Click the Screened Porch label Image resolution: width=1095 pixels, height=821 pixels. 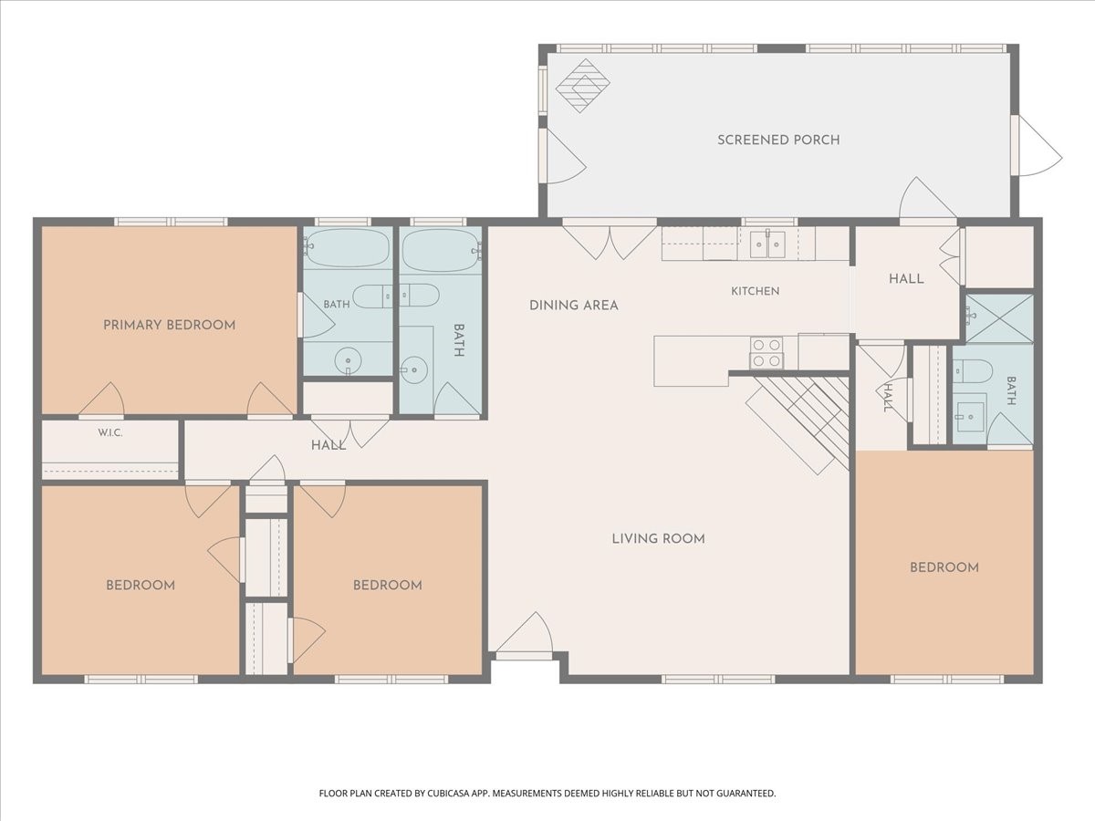click(778, 140)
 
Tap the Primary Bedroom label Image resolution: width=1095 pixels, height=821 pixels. click(169, 326)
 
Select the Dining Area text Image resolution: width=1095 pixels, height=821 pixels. click(574, 306)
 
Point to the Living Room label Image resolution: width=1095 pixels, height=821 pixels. click(658, 539)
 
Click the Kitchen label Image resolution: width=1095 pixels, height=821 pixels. click(756, 291)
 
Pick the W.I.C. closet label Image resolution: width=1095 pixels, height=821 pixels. click(110, 432)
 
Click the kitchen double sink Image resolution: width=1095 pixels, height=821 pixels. click(767, 244)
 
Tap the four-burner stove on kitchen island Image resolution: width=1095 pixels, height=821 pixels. click(766, 352)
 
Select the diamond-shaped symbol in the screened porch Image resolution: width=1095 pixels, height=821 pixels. click(583, 86)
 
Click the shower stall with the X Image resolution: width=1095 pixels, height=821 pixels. click(1000, 318)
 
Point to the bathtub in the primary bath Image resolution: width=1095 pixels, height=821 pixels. click(348, 248)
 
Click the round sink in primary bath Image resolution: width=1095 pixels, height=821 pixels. click(348, 360)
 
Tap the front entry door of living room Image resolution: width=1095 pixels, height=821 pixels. click(525, 635)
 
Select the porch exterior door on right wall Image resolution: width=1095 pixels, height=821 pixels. click(1038, 146)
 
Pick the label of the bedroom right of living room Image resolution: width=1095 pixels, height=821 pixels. click(944, 567)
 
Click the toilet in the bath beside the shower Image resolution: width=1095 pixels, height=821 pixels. click(972, 371)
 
